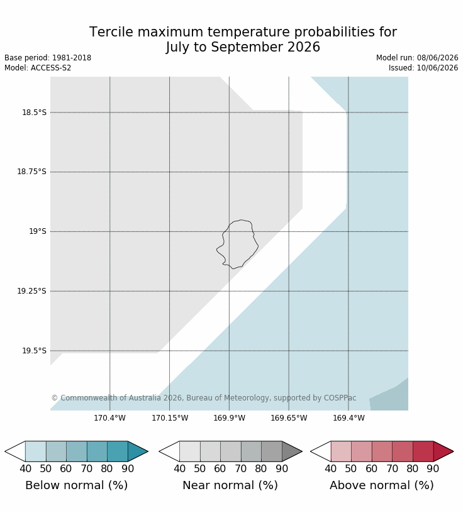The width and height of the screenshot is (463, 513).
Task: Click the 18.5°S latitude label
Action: click(x=35, y=113)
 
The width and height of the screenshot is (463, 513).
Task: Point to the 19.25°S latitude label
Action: click(x=31, y=291)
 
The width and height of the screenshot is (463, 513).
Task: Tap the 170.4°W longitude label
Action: click(x=109, y=418)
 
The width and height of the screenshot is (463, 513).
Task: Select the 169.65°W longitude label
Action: click(x=289, y=418)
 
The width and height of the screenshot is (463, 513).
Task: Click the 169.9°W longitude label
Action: click(x=229, y=418)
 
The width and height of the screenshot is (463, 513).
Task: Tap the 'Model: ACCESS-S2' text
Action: click(x=38, y=68)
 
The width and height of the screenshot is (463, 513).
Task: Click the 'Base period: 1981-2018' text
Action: click(x=48, y=58)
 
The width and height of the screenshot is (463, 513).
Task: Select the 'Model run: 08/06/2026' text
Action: click(x=417, y=58)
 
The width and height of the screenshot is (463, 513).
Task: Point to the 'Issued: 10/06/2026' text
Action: click(x=423, y=68)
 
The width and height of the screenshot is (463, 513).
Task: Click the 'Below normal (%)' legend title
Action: click(x=76, y=485)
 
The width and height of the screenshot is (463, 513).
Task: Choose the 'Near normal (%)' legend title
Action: click(x=230, y=485)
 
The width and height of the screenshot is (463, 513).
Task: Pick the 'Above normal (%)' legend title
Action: click(x=381, y=485)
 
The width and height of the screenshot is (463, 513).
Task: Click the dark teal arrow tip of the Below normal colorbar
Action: click(x=147, y=451)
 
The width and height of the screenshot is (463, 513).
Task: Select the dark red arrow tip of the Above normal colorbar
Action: click(x=453, y=451)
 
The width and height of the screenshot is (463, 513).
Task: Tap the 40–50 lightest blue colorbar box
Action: click(x=36, y=451)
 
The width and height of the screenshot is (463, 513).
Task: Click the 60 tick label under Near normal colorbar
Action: click(x=220, y=469)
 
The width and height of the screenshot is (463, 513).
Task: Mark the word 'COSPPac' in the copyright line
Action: click(x=340, y=398)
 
